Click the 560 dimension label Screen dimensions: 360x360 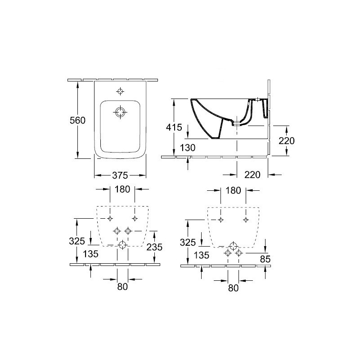pos(77,120)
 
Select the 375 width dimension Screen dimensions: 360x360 pos(120,175)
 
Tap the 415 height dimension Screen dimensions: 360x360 pos(174,127)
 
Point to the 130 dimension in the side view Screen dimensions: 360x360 pos(188,148)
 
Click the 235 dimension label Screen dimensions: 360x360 pos(154,247)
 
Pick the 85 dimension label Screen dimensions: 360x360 pos(265,259)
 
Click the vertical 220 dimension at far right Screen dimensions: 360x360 pos(287,141)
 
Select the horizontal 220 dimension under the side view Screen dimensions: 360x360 pos(252,175)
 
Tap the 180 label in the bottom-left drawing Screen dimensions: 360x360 pos(122,189)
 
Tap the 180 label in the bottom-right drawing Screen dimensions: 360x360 pos(233,190)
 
